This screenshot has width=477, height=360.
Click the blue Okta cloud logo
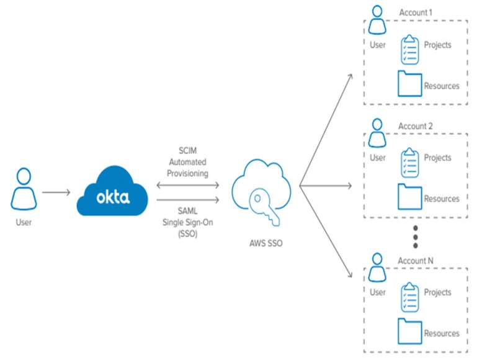tap(112, 191)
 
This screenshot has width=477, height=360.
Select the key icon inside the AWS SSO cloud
tap(264, 206)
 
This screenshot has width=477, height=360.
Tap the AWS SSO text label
tap(266, 243)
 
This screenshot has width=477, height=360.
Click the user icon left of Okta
tap(24, 189)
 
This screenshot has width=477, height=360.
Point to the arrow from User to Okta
tap(56, 192)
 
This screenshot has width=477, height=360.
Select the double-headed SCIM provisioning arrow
tap(188, 185)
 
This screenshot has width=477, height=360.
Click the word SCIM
tap(188, 151)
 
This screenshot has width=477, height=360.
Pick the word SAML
tap(188, 211)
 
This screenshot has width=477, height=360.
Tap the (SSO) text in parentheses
tap(188, 234)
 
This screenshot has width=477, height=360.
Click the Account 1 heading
tap(416, 12)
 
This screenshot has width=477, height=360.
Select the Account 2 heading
tap(416, 126)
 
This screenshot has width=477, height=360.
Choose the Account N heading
tap(416, 261)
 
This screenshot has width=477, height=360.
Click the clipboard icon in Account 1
tap(410, 49)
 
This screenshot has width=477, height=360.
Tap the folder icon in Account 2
tap(410, 197)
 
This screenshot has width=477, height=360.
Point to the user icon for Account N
tap(377, 268)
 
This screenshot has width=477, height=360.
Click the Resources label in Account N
tap(442, 333)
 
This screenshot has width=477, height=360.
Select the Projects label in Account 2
tap(437, 158)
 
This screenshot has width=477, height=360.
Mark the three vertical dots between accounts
tap(416, 236)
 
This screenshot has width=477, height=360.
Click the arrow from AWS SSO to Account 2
tap(326, 186)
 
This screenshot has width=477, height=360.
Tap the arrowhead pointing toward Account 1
tap(350, 76)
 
